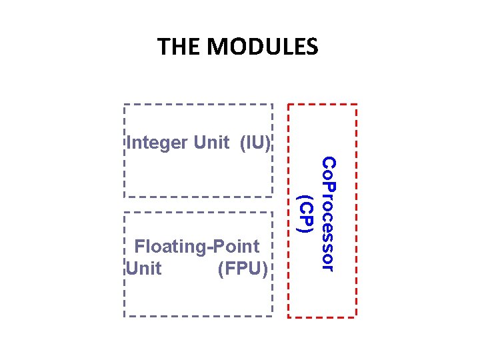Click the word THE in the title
pyautogui.click(x=179, y=47)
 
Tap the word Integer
pyautogui.click(x=157, y=143)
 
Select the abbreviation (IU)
pyautogui.click(x=255, y=143)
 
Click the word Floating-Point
pyautogui.click(x=197, y=247)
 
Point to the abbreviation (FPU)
pyautogui.click(x=243, y=269)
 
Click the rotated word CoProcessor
pyautogui.click(x=328, y=213)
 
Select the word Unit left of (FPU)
pyautogui.click(x=143, y=269)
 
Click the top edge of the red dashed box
pyautogui.click(x=323, y=105)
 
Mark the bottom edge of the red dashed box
pyautogui.click(x=323, y=316)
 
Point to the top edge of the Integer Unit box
pyautogui.click(x=198, y=105)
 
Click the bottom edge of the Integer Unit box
pyautogui.click(x=198, y=197)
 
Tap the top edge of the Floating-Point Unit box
pyautogui.click(x=198, y=213)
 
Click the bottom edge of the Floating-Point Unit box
pyautogui.click(x=198, y=315)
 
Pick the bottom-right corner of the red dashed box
pyautogui.click(x=357, y=316)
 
